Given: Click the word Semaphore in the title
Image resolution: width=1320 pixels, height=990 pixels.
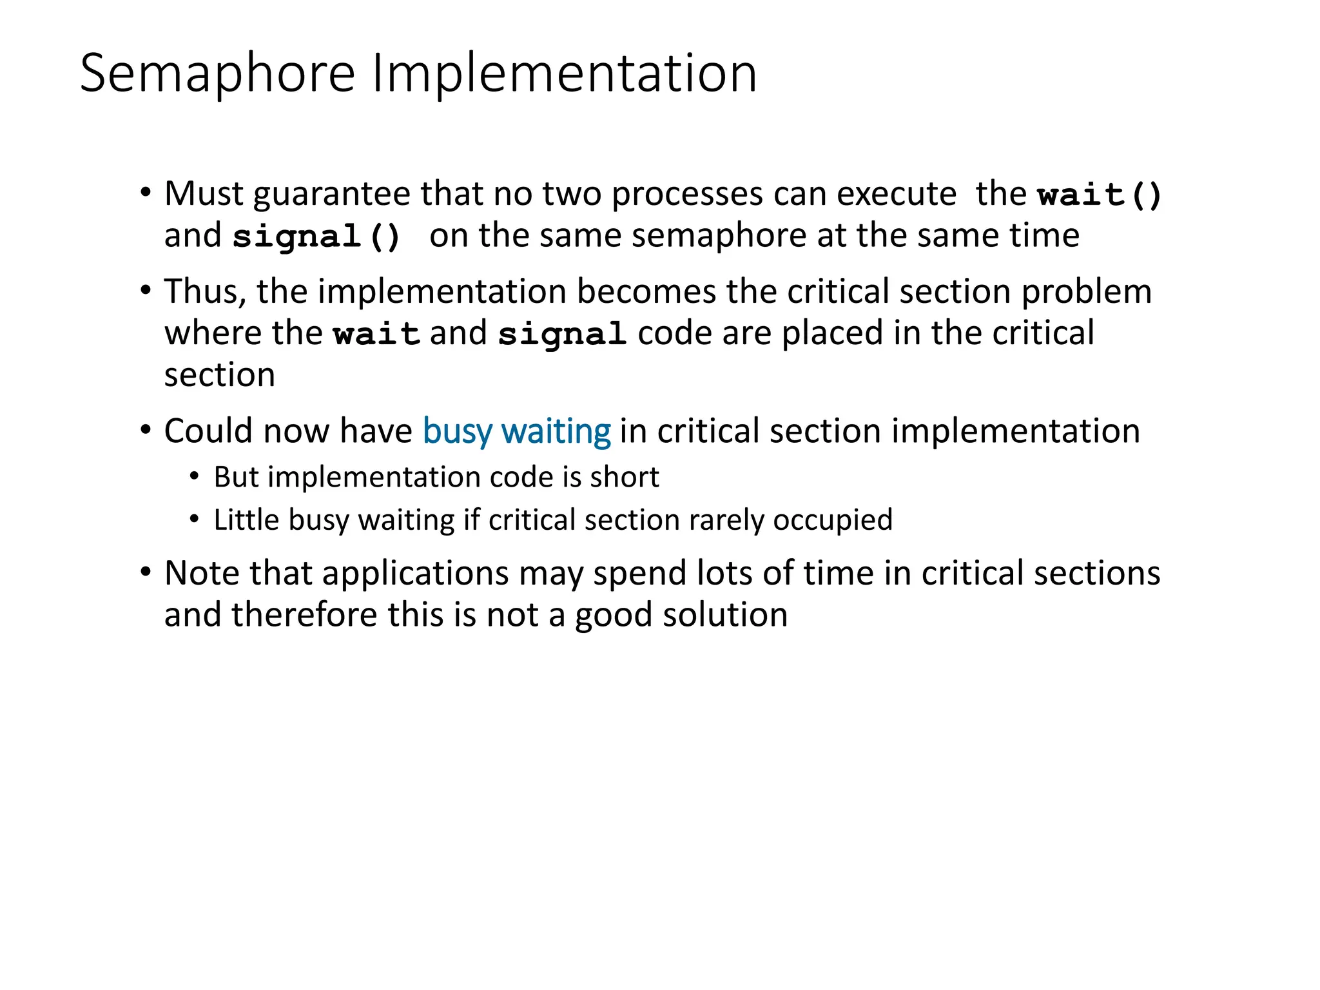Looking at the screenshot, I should (x=217, y=73).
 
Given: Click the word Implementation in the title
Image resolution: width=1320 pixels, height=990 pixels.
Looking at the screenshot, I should (x=564, y=73).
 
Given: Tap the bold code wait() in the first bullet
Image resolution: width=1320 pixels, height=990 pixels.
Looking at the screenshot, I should (x=1100, y=195).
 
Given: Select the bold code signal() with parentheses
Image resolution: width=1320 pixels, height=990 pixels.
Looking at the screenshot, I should (x=316, y=237).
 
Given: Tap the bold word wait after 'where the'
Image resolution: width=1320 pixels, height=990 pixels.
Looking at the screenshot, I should (x=376, y=334).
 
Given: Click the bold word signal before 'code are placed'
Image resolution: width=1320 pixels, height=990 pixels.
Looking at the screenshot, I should (x=562, y=334).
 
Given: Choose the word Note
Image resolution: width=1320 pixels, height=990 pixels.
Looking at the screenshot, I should (x=202, y=573).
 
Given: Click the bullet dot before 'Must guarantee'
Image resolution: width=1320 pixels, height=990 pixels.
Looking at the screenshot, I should (x=146, y=192).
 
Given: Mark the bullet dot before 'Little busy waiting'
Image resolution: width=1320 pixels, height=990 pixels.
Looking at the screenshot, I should (x=195, y=519).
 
